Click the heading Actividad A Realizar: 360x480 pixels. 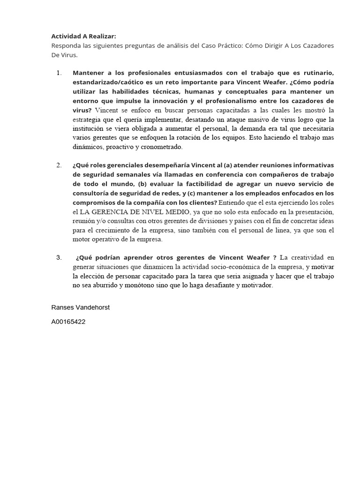tap(83, 36)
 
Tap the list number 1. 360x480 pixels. tap(59, 73)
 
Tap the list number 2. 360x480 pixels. tap(59, 165)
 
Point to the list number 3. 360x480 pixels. tap(59, 257)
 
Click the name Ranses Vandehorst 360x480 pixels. tap(80, 307)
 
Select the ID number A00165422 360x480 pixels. tap(68, 322)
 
